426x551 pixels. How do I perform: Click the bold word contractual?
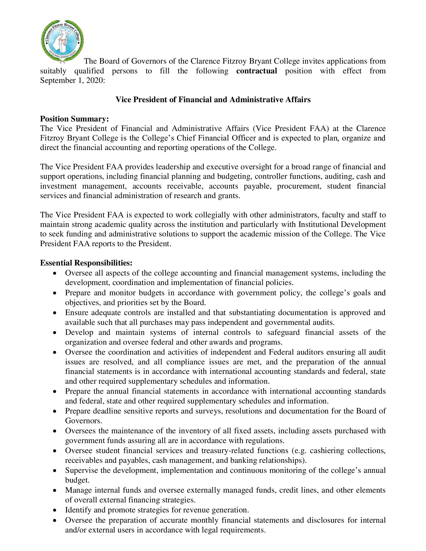click(256, 71)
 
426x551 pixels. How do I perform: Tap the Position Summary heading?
click(74, 119)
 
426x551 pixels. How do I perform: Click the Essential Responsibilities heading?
click(86, 263)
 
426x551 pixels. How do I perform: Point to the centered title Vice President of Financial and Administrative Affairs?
click(213, 100)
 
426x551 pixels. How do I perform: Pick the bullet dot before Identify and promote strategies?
click(55, 510)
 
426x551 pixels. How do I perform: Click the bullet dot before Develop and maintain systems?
click(55, 333)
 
